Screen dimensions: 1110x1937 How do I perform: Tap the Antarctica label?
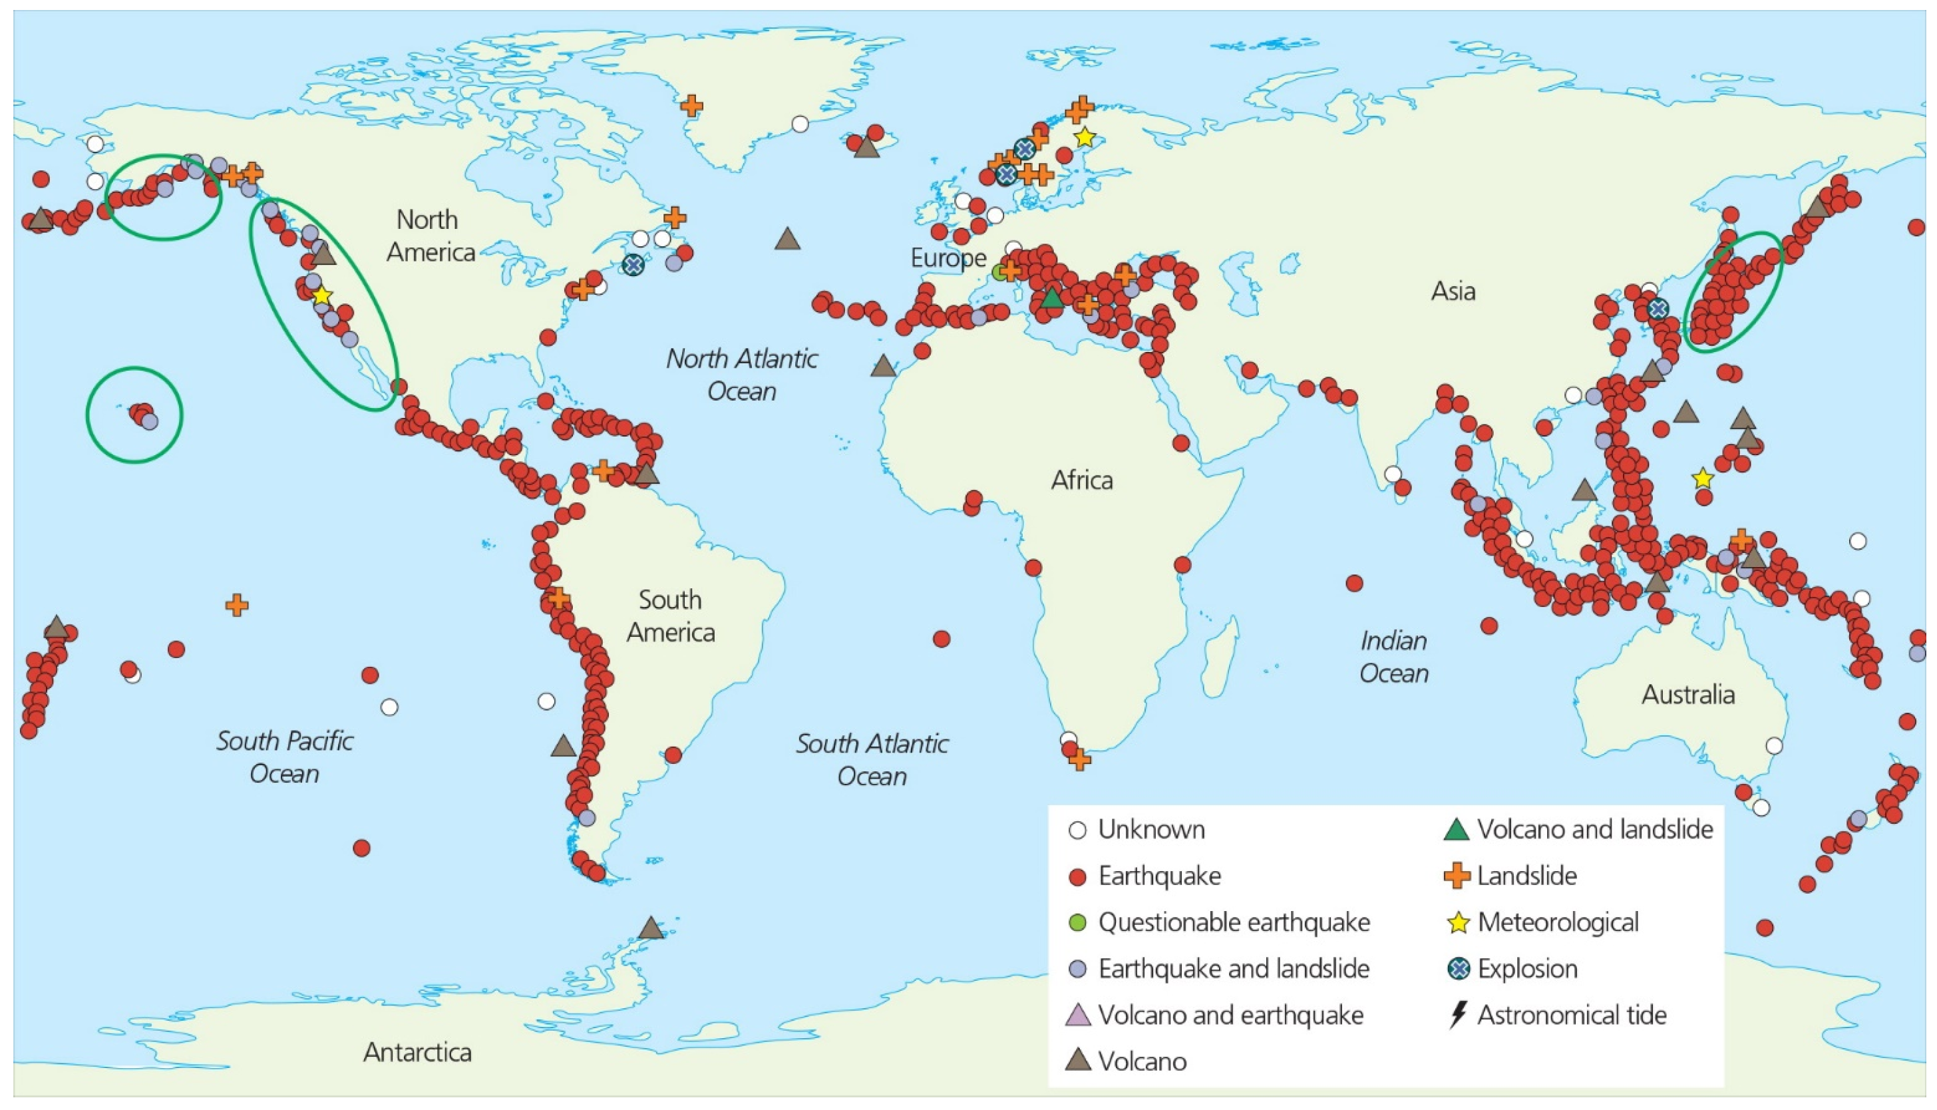(417, 1052)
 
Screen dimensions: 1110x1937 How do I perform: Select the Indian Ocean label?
(1393, 656)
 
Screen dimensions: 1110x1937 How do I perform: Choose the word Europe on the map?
(948, 258)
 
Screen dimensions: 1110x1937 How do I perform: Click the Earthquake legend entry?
(1158, 876)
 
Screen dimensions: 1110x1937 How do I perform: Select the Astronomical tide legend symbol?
(1457, 1015)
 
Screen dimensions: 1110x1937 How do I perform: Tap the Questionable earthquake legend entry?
(1232, 922)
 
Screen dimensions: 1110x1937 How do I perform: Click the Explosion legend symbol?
(1457, 968)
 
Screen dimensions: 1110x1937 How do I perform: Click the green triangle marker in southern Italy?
(1052, 298)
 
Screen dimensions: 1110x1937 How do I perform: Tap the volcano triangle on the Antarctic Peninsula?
(650, 928)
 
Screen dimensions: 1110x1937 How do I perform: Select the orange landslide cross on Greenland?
(691, 105)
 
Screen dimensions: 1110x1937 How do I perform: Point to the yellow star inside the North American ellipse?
(321, 295)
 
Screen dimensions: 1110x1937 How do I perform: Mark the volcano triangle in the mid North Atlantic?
(787, 240)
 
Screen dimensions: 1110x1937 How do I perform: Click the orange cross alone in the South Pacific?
(237, 606)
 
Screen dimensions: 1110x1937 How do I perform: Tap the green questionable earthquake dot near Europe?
(1000, 272)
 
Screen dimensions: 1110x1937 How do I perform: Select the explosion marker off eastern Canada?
(633, 266)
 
